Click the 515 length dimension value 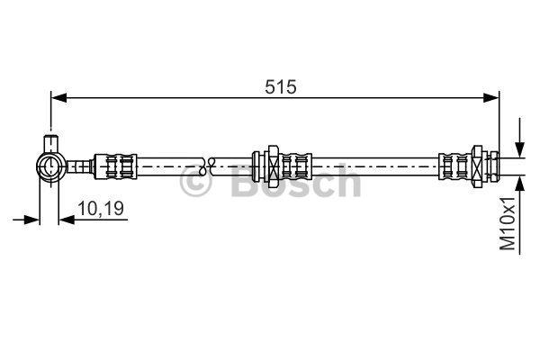pos(280,86)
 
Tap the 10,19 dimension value pos(101,209)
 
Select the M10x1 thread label pos(508,224)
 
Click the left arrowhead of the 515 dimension pos(58,98)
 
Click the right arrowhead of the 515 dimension pos(490,98)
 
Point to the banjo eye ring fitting pos(51,166)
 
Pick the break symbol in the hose pos(207,166)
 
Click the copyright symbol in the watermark pos(195,182)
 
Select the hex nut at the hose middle pos(273,166)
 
